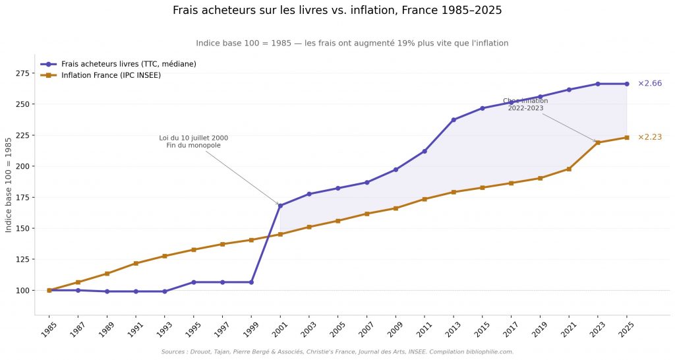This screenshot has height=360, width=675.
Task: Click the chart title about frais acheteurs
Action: click(x=337, y=11)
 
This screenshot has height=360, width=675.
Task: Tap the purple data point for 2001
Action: click(x=280, y=206)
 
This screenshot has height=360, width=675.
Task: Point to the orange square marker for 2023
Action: click(x=598, y=142)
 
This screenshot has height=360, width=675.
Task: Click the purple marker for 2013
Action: click(x=454, y=120)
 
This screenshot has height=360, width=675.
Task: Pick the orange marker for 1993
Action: click(x=165, y=256)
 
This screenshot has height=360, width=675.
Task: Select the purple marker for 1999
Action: click(x=251, y=282)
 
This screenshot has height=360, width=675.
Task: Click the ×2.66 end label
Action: click(x=649, y=84)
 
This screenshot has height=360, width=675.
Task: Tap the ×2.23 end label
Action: click(x=649, y=137)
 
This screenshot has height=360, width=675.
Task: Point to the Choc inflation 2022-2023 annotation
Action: click(x=525, y=104)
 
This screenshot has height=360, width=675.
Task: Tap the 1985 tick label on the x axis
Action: click(x=49, y=329)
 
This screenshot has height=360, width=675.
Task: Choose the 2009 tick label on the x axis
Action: click(x=396, y=329)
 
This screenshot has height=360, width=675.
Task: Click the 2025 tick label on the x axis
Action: click(x=626, y=329)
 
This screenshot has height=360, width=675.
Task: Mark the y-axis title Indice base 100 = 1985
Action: click(x=9, y=185)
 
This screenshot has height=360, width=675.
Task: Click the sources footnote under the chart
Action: click(x=337, y=352)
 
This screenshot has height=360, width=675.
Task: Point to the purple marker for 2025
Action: click(x=627, y=84)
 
